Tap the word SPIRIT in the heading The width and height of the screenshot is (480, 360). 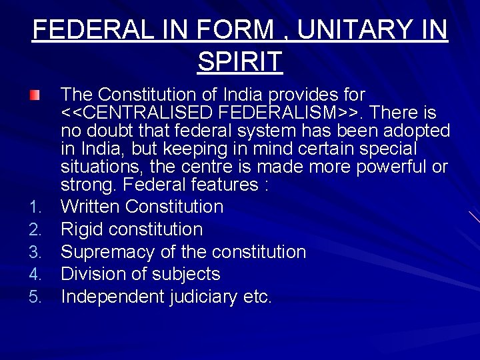pos(240,61)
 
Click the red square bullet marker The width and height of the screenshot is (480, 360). pos(35,95)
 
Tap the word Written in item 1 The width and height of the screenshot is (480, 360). pos(90,207)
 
